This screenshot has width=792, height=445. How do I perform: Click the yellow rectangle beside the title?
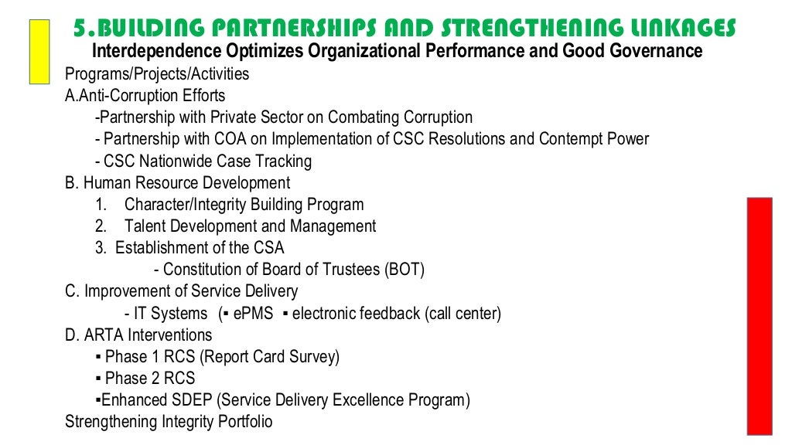point(39,51)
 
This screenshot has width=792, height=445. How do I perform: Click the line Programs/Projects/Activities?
point(157,74)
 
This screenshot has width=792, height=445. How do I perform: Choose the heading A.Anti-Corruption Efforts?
point(145,96)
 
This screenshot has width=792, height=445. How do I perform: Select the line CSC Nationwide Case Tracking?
point(203,161)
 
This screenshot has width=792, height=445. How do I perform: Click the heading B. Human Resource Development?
point(178,183)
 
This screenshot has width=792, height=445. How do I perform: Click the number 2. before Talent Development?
point(101,226)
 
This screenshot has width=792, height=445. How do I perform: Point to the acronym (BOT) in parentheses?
point(405,270)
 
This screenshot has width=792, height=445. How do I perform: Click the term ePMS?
point(253,314)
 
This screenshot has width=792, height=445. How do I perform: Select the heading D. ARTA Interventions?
point(138,335)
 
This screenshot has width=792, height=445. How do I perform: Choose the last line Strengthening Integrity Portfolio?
point(169,423)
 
